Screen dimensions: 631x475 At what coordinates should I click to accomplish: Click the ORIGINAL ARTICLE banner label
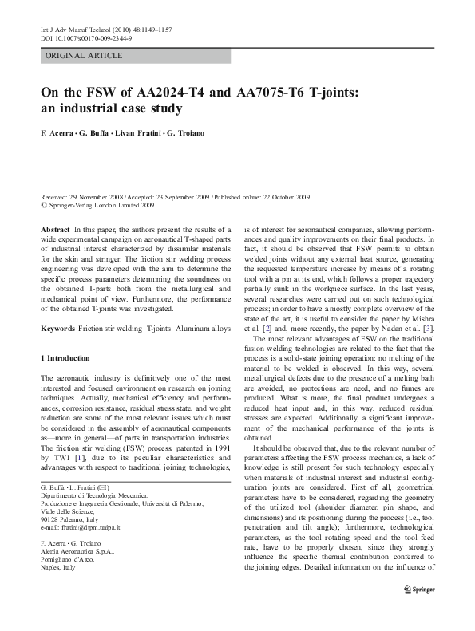click(x=84, y=55)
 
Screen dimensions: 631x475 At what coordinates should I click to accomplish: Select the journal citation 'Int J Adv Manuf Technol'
click(x=76, y=29)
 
